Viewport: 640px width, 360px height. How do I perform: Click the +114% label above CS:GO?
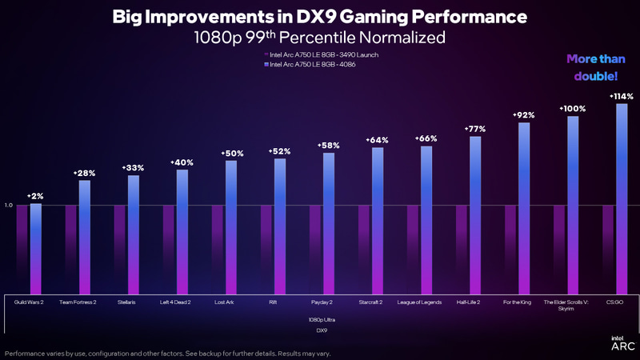[x=622, y=96]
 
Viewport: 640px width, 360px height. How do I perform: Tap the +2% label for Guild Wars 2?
[x=35, y=196]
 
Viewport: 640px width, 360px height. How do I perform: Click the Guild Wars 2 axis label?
[x=29, y=302]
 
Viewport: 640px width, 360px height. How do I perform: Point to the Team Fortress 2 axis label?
[x=78, y=302]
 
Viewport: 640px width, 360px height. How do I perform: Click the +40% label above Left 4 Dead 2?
[x=182, y=162]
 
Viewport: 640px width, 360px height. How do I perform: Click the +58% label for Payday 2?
[x=329, y=146]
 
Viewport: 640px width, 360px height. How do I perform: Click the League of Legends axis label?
[x=420, y=302]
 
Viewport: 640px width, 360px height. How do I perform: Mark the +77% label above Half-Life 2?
[x=475, y=129]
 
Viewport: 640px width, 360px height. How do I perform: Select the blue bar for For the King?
[x=524, y=208]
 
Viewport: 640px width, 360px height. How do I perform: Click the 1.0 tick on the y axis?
[x=9, y=206]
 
